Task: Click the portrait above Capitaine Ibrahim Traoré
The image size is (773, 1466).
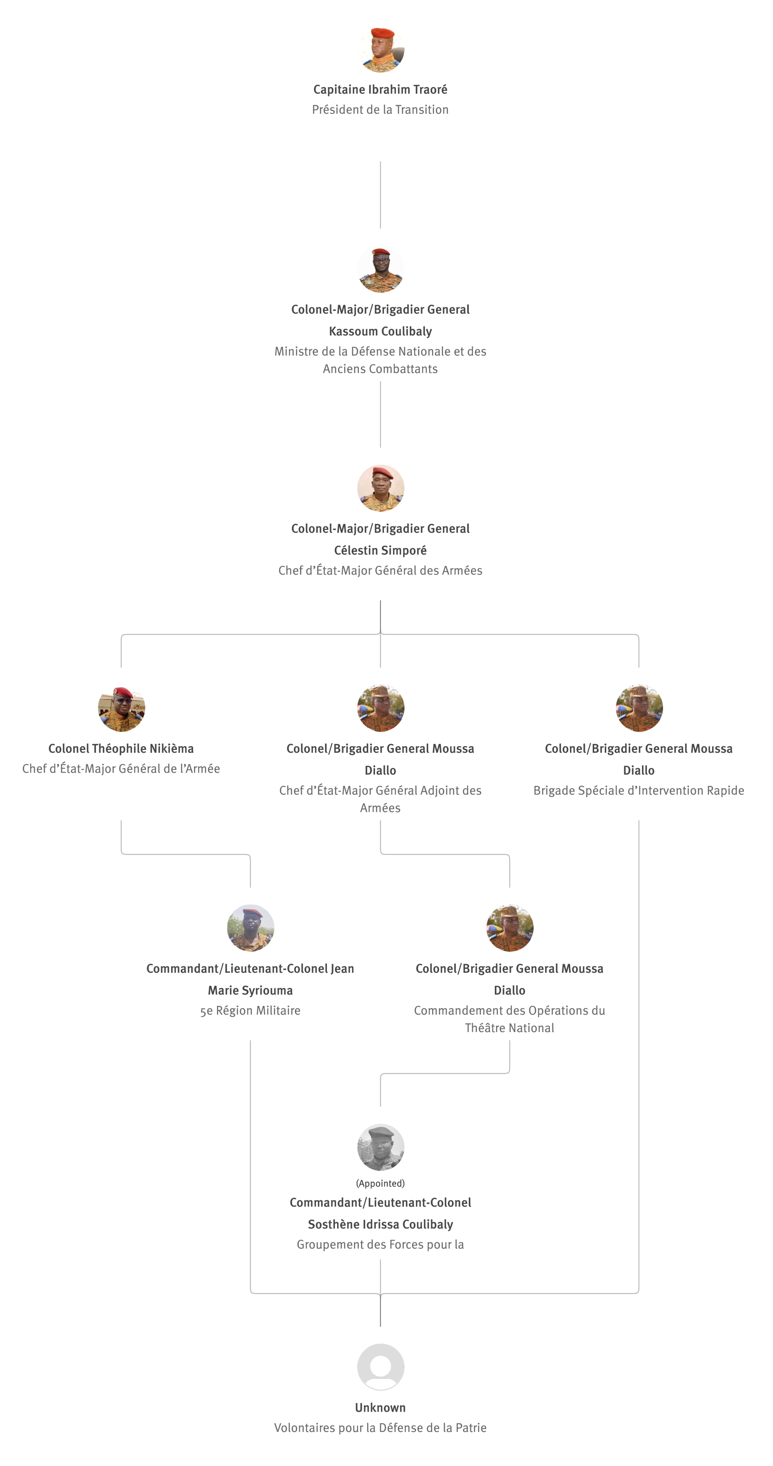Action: pyautogui.click(x=380, y=49)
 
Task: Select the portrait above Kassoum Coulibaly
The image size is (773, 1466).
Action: pyautogui.click(x=380, y=269)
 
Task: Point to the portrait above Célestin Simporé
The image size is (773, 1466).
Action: pyautogui.click(x=380, y=488)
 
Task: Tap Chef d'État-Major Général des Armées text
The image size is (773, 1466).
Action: pyautogui.click(x=380, y=571)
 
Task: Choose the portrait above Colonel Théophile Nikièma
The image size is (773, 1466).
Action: pyautogui.click(x=121, y=708)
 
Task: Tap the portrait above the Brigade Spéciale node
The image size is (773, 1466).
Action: pyautogui.click(x=638, y=708)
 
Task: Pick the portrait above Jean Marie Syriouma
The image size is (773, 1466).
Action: pyautogui.click(x=250, y=928)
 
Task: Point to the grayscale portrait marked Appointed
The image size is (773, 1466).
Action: pyautogui.click(x=380, y=1147)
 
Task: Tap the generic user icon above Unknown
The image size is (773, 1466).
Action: pyautogui.click(x=380, y=1367)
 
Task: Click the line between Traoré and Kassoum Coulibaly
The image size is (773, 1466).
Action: pyautogui.click(x=380, y=195)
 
